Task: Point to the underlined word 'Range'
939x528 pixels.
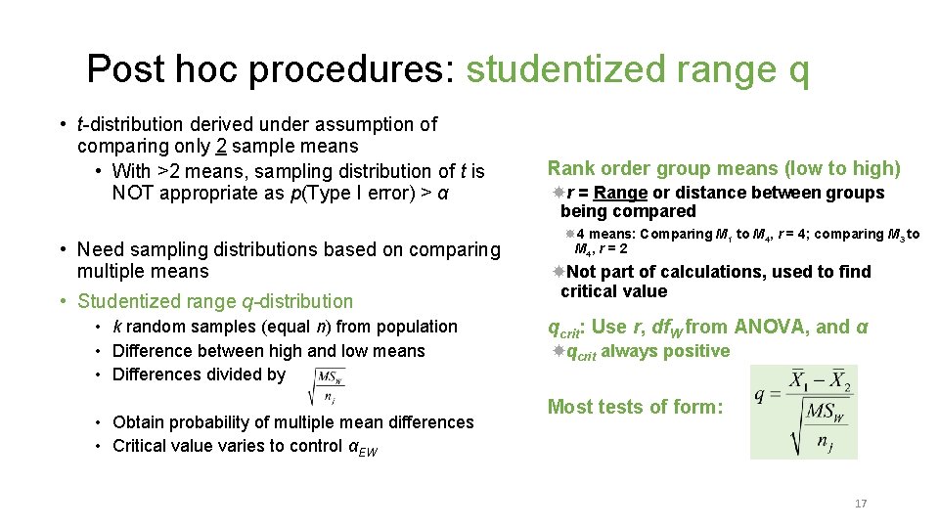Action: tap(620, 193)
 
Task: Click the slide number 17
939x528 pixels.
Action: tap(861, 504)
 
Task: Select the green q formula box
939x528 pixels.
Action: tap(804, 412)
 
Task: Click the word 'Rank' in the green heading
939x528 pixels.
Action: tap(570, 168)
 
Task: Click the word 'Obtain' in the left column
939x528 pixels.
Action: tap(140, 422)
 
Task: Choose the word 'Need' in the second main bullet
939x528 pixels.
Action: tap(100, 250)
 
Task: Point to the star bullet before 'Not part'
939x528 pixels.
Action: tap(558, 271)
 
